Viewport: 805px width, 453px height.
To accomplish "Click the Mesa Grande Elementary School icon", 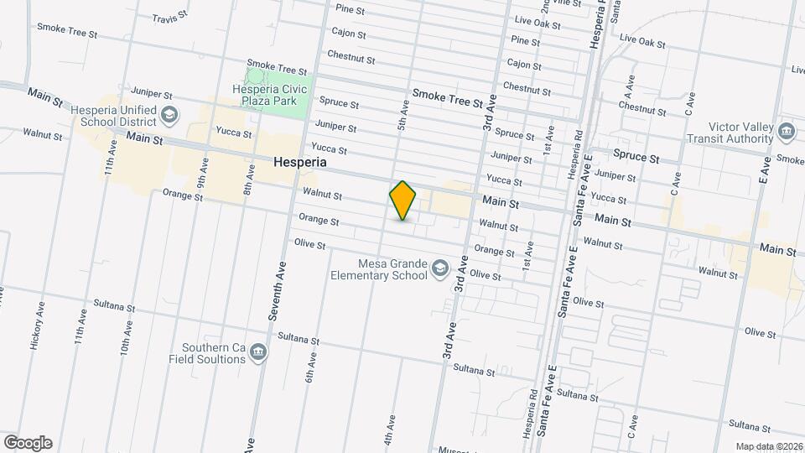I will point(439,268).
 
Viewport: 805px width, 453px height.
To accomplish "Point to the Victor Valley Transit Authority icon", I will point(787,131).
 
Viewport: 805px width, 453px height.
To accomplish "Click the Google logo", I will point(28,443).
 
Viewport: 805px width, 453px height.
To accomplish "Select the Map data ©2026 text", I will point(768,446).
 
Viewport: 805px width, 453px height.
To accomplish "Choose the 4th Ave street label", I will point(390,428).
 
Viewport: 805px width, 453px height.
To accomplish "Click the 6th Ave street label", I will point(310,367).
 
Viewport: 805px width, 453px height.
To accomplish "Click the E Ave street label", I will point(764,169).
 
